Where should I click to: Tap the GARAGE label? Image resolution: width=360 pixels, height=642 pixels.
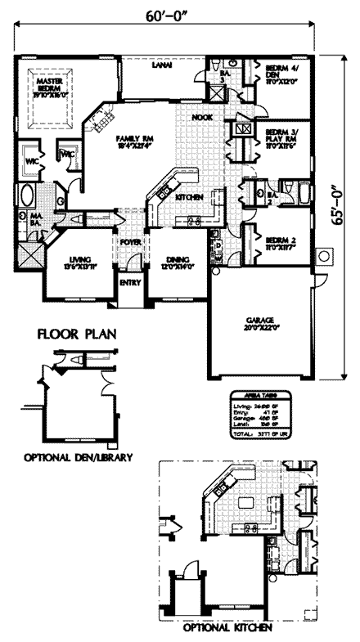tap(262, 320)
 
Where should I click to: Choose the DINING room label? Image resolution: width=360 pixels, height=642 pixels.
tap(175, 262)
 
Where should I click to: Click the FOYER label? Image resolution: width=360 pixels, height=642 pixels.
tap(129, 243)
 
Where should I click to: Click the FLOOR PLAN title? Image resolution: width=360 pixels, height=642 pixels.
tap(75, 334)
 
